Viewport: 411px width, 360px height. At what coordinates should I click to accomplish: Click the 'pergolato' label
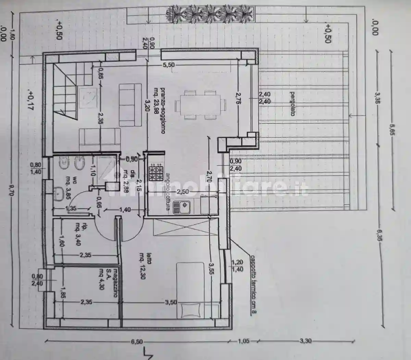point(292,104)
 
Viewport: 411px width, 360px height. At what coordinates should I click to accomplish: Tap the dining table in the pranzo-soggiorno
point(200,105)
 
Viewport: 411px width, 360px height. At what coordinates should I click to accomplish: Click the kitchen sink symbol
point(182,207)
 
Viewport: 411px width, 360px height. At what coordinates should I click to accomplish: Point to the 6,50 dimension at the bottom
point(137,341)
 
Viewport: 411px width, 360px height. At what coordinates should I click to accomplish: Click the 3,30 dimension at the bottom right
point(306,341)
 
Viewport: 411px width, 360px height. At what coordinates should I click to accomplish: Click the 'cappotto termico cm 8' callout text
point(253,284)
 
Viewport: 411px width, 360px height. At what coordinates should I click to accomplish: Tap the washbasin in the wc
point(59,194)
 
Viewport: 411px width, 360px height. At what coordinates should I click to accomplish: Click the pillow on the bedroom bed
point(190,310)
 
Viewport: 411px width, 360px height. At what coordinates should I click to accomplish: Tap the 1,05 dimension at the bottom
point(244,341)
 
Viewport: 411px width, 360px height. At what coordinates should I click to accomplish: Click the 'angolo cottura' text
point(167,192)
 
